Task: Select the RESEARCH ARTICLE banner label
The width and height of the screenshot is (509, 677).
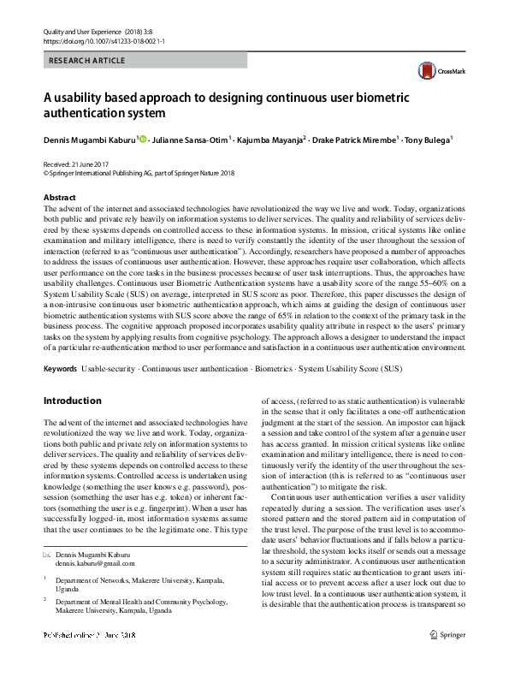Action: [88, 61]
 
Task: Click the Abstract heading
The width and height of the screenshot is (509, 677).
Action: [60, 198]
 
